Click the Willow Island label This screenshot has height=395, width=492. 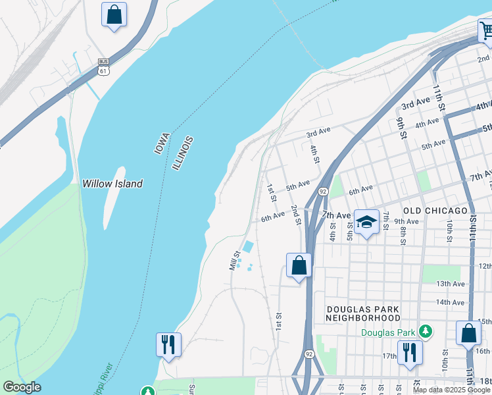pyautogui.click(x=112, y=184)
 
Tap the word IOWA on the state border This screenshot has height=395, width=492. pyautogui.click(x=162, y=144)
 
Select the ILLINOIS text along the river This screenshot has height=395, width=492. pyautogui.click(x=184, y=153)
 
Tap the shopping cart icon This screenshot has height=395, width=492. pyautogui.click(x=485, y=31)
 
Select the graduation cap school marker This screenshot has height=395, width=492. pyautogui.click(x=366, y=223)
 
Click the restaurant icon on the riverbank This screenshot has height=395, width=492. pyautogui.click(x=168, y=344)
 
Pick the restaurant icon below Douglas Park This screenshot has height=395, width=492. pyautogui.click(x=409, y=352)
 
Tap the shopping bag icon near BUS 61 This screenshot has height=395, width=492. pyautogui.click(x=114, y=14)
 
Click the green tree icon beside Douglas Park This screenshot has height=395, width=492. pyautogui.click(x=427, y=331)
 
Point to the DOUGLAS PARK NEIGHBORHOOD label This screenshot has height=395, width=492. pyautogui.click(x=362, y=313)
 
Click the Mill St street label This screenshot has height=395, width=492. pyautogui.click(x=233, y=260)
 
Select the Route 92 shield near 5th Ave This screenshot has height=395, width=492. pyautogui.click(x=323, y=192)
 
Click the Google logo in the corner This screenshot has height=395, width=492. pyautogui.click(x=22, y=387)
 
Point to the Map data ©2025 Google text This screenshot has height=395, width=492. pyautogui.click(x=453, y=390)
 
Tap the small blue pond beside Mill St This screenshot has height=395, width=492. pyautogui.click(x=248, y=246)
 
